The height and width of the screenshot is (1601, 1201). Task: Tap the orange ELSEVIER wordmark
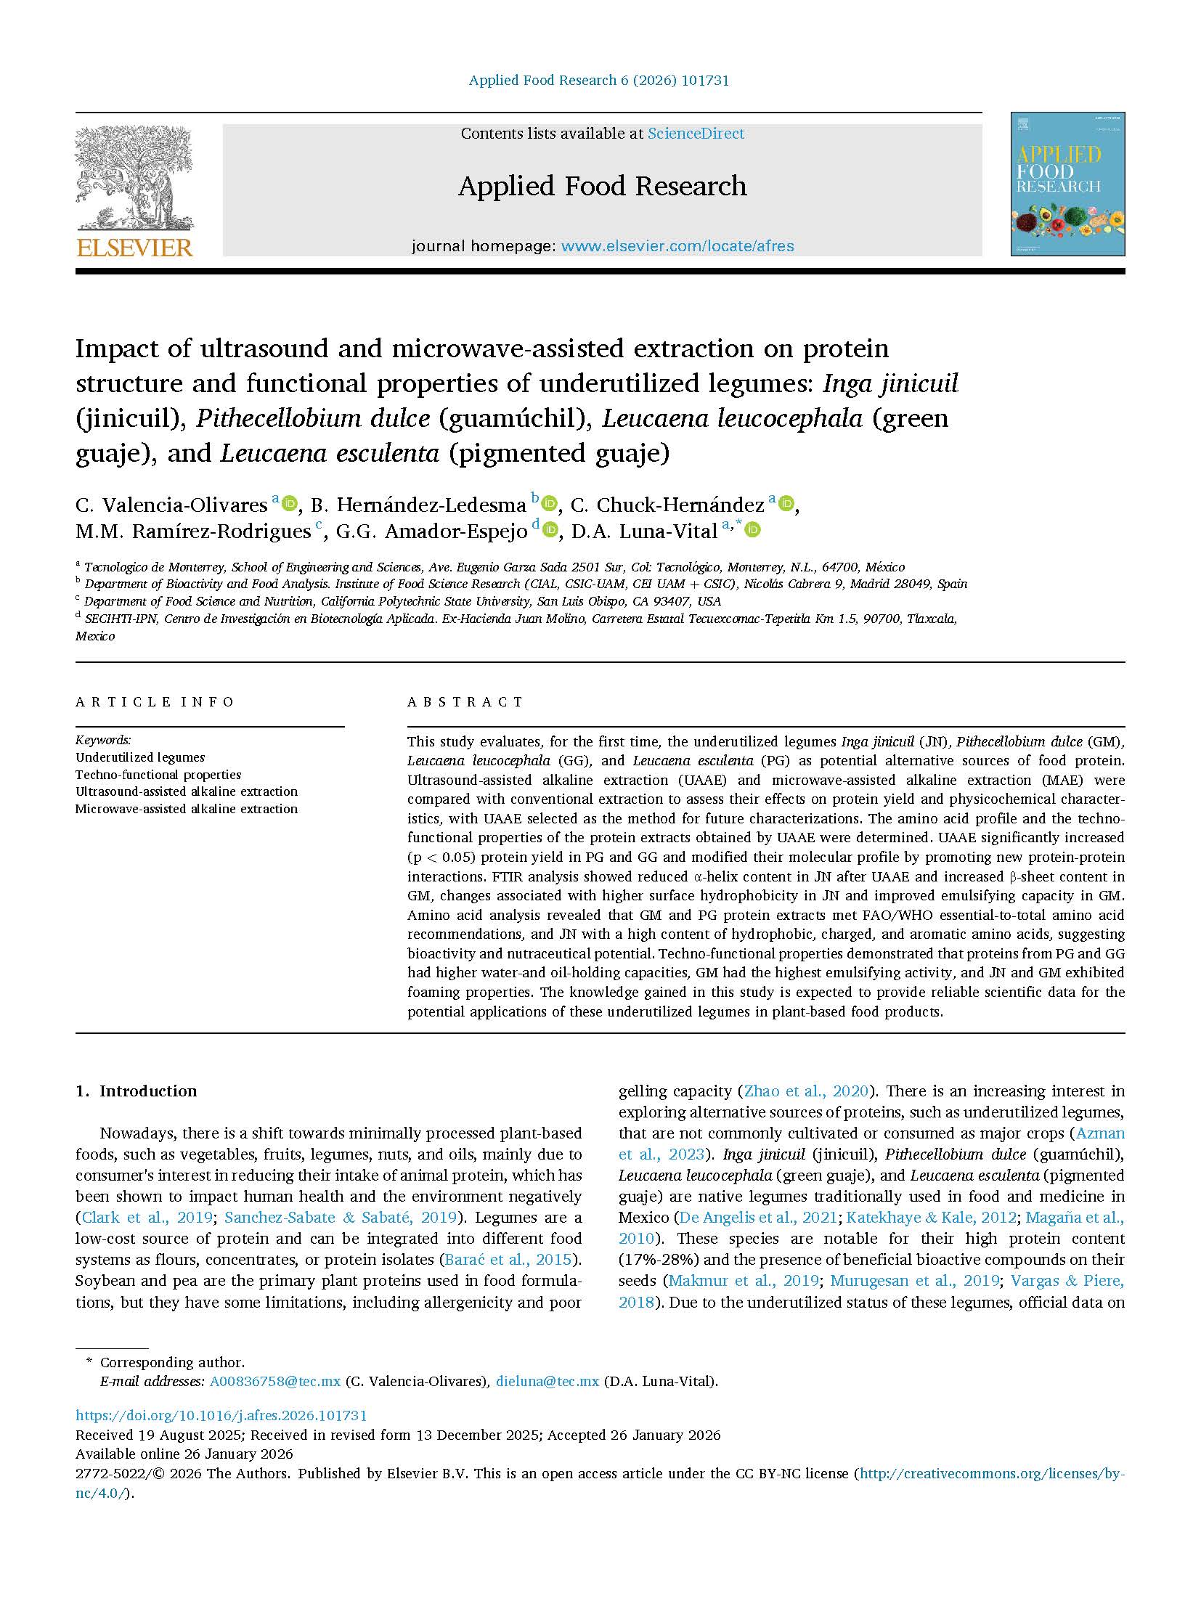(134, 248)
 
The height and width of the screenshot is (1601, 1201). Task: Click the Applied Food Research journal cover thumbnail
(1067, 184)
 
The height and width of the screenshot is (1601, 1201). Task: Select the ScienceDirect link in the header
(696, 134)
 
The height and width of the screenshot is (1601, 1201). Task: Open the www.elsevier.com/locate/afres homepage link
(677, 246)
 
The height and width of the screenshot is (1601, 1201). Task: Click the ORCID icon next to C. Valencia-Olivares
(290, 502)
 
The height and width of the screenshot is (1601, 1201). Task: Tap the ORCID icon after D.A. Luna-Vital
(753, 530)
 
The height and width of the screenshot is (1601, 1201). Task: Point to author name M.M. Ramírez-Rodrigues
(193, 531)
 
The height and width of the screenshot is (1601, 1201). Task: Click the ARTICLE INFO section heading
(155, 702)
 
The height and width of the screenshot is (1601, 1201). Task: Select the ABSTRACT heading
(465, 702)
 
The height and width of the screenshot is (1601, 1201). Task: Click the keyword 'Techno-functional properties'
(158, 775)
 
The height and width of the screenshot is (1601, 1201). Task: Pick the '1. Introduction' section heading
(137, 1091)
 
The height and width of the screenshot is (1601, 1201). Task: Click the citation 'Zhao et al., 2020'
(806, 1091)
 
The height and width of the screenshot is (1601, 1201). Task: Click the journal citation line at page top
(599, 81)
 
